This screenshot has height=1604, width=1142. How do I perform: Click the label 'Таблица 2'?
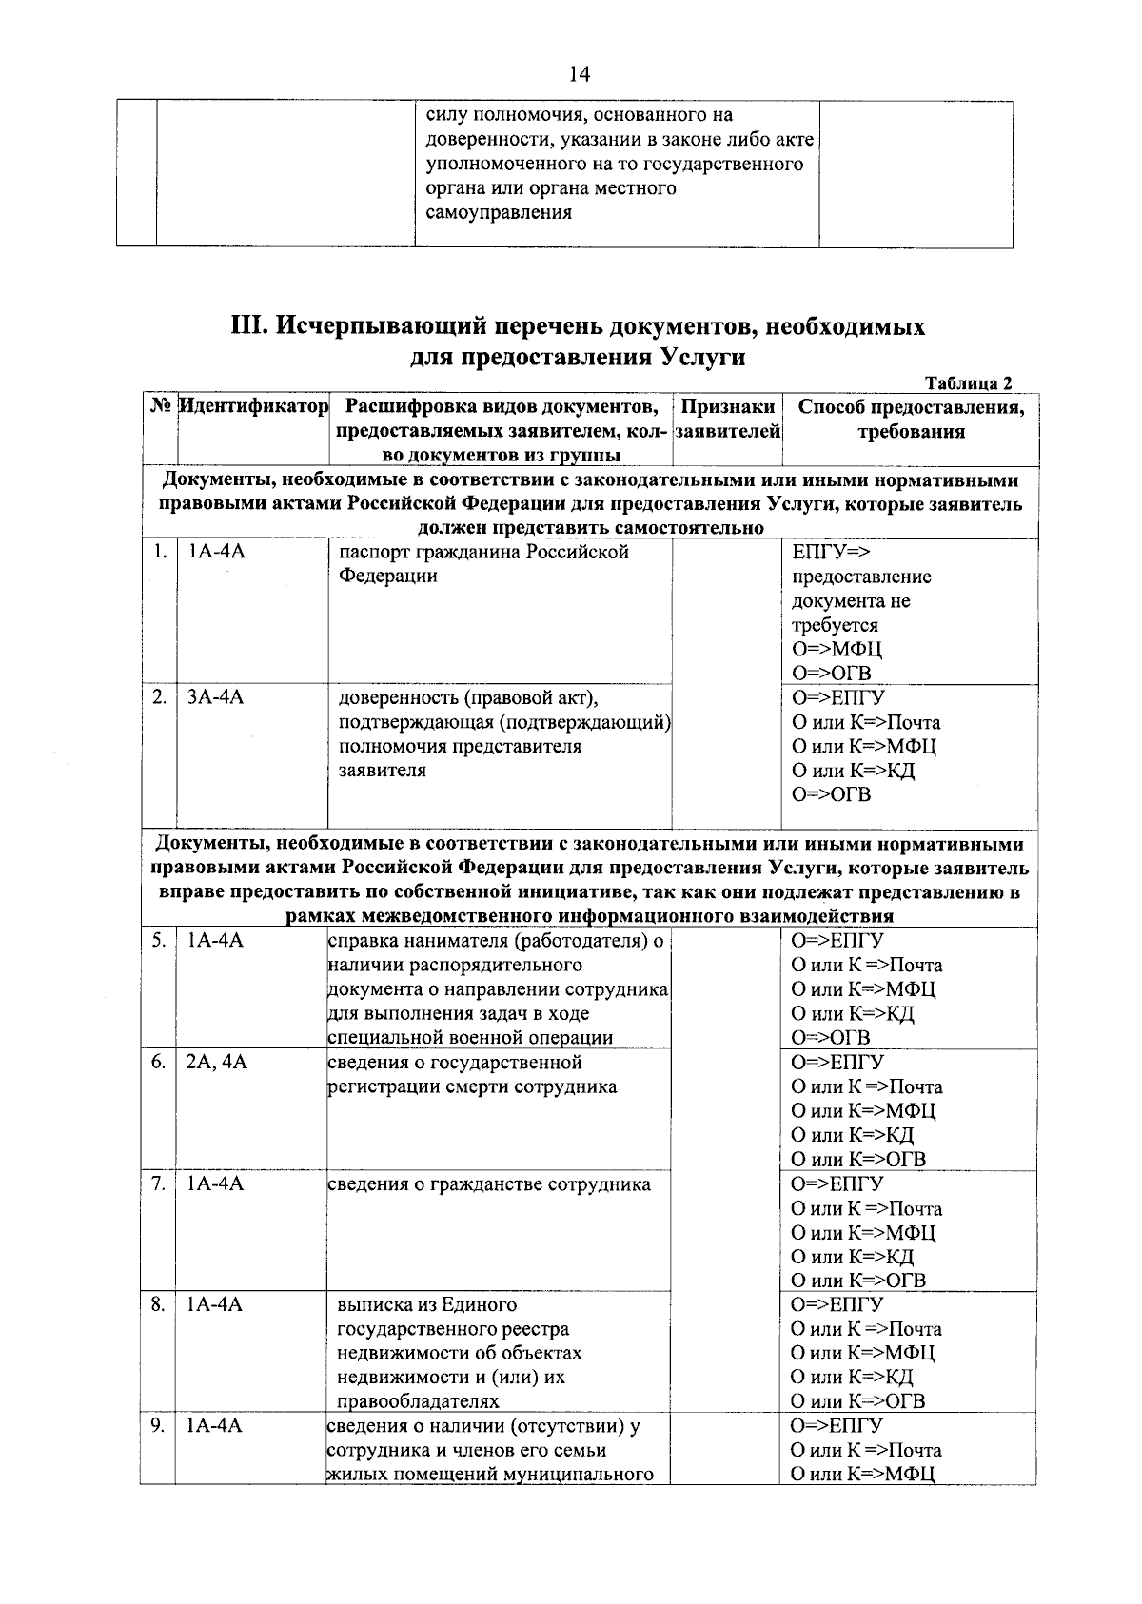968,383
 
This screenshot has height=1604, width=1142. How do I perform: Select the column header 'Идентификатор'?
254,407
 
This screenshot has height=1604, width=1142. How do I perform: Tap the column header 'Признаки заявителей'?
728,420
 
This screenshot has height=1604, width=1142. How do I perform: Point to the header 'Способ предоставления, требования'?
911,420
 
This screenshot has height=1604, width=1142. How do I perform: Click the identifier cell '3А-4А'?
215,697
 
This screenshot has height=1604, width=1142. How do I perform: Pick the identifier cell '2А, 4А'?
217,1062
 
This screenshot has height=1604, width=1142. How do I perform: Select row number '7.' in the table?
159,1183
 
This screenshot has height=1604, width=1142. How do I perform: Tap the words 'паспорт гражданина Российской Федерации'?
483,564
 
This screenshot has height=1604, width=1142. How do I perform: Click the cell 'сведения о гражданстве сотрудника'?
489,1184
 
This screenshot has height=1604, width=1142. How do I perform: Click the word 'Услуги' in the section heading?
700,358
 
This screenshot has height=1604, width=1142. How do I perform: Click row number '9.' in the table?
159,1425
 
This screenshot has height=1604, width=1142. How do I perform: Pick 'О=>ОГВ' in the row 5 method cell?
830,1037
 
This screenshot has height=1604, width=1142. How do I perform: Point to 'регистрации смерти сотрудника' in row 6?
472,1086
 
